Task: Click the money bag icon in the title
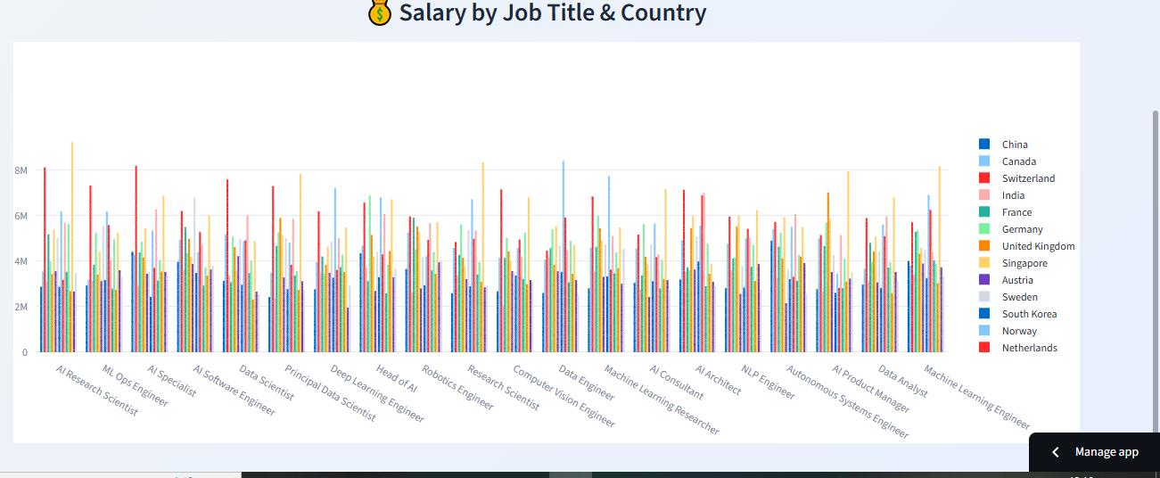point(379,13)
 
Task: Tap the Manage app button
point(1096,452)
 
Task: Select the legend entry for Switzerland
point(1028,178)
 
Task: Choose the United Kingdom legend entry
point(1038,246)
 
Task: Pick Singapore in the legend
point(1024,263)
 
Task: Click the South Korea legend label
point(1029,314)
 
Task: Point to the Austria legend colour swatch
point(984,280)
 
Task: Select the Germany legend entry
point(1022,229)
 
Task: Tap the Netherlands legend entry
point(1029,348)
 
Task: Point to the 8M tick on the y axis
point(21,170)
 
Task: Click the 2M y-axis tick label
point(21,307)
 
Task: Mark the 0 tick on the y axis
point(24,352)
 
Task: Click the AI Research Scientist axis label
point(97,390)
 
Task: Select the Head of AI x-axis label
point(396,379)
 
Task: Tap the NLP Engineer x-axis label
point(769,379)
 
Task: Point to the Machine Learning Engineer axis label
point(977,397)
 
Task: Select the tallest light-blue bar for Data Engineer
point(563,259)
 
